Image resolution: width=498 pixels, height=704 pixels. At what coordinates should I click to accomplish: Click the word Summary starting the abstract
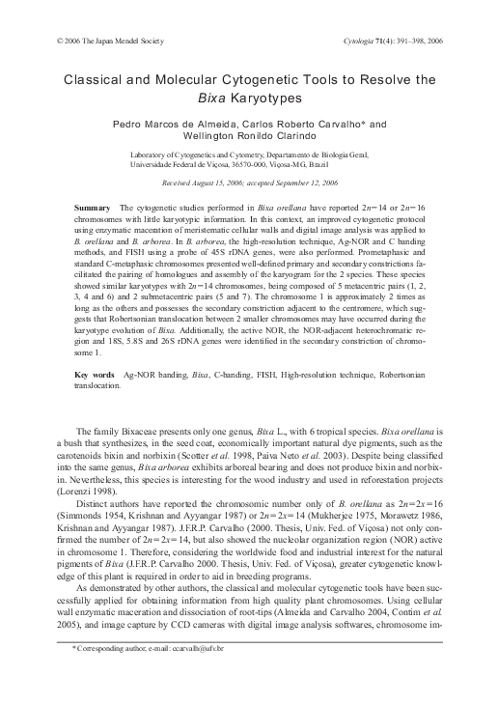92,209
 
